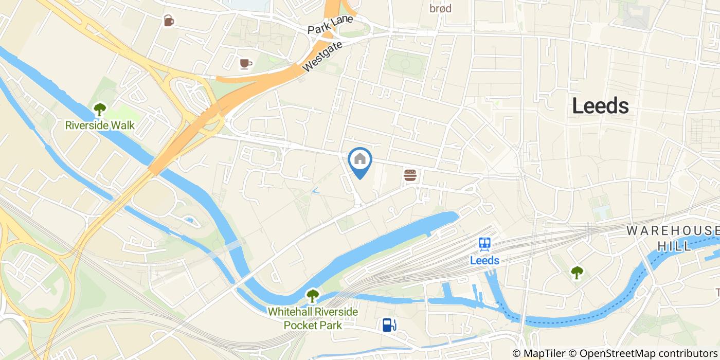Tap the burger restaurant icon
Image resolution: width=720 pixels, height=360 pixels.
(410, 175)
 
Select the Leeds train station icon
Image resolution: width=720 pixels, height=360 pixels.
(484, 244)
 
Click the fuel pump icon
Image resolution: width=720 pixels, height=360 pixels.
(389, 325)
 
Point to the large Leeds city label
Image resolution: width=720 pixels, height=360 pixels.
(600, 106)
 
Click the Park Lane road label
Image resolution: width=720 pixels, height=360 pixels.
(330, 25)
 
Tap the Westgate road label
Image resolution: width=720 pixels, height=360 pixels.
(322, 57)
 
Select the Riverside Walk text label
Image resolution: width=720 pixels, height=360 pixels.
(100, 125)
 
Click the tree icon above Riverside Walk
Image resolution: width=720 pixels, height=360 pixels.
(99, 109)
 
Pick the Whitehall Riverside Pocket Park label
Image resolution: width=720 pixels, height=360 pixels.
(313, 318)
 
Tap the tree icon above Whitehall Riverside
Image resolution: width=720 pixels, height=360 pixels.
(312, 296)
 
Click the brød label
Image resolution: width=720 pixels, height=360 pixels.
(440, 8)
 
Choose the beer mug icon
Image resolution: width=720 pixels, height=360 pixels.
(169, 21)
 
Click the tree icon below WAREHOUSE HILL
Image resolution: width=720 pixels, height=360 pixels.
(577, 273)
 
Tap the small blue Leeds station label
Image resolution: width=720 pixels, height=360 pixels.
(484, 260)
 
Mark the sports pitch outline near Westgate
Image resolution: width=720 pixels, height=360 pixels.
(404, 63)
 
